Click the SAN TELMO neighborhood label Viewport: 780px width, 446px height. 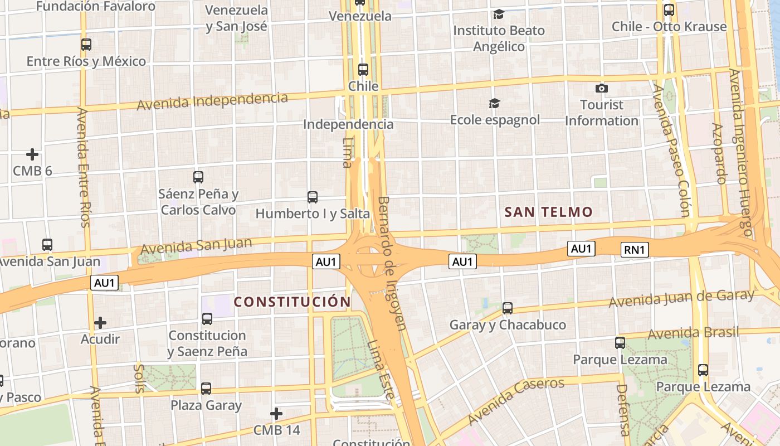548,212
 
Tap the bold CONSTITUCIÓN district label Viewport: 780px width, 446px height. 292,302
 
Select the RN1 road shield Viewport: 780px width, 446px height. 635,250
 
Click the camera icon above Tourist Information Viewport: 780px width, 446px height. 601,88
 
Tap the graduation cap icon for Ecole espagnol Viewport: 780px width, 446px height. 494,103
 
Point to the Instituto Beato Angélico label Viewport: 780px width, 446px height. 499,38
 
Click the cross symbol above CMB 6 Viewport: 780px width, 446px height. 32,154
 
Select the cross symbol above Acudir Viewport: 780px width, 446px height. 100,322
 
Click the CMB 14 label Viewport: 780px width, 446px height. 276,430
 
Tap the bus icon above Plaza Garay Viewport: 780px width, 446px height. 206,388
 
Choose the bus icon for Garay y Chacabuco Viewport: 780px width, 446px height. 507,308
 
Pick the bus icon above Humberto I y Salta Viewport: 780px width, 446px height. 313,197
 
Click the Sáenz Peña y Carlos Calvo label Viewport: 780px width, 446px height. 198,202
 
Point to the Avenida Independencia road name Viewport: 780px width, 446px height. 212,101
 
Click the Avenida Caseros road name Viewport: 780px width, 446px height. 516,400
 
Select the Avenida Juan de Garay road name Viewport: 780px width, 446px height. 681,298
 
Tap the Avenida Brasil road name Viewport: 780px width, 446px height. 693,333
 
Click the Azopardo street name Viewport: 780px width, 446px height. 719,153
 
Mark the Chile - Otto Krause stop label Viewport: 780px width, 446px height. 669,26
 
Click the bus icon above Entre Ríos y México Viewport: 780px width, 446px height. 86,45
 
